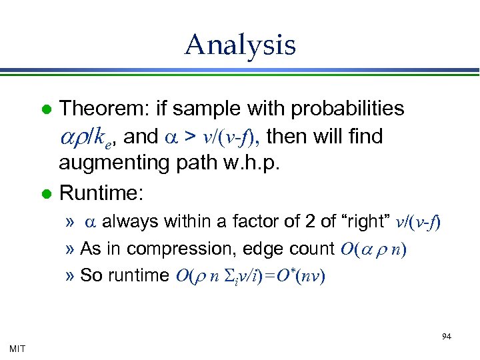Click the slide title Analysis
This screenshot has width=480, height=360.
point(240,45)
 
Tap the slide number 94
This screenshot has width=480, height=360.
point(446,337)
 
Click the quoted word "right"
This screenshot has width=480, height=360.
point(367,222)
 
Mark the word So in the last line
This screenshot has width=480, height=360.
point(89,275)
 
